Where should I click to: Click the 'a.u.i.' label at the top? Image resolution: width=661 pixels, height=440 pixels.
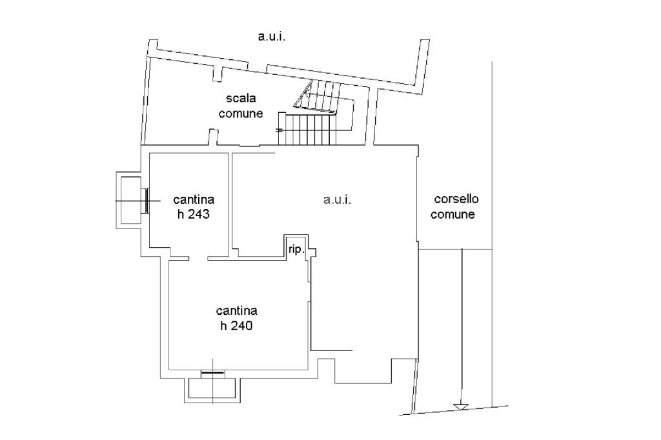272,37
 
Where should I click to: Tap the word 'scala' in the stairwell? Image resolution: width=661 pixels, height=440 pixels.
241,98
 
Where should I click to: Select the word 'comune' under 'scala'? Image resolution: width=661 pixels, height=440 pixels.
241,114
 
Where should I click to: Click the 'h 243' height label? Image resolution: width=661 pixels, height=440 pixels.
194,214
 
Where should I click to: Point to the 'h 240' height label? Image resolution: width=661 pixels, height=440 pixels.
236,326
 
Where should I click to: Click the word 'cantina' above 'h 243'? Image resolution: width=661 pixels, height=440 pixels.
194,199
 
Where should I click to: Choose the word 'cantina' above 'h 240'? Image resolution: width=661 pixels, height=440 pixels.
236,311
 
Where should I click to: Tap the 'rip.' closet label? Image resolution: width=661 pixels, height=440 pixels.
296,250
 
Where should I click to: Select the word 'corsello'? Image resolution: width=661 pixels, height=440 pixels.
456,199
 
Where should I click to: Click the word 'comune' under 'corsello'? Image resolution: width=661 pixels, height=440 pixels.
453,214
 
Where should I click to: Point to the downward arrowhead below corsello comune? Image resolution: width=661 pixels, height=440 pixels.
462,407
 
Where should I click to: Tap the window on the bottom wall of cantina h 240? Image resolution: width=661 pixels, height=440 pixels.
213,373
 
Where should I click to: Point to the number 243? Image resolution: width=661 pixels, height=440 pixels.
199,214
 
